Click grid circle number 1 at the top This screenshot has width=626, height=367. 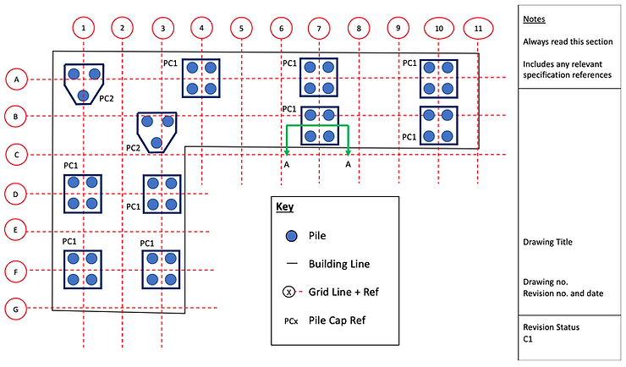point(84,29)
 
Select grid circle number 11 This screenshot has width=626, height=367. point(479,29)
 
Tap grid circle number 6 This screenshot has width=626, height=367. point(280,29)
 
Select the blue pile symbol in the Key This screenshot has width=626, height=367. point(290,236)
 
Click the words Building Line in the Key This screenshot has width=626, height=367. point(339,264)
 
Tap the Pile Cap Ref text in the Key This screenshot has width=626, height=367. point(339,320)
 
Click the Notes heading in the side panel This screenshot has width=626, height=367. point(534,19)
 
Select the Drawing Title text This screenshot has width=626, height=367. point(548,243)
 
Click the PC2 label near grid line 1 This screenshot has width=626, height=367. point(107,98)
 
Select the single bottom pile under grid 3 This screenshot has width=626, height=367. point(156,141)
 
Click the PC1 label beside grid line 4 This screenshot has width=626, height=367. point(170,62)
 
